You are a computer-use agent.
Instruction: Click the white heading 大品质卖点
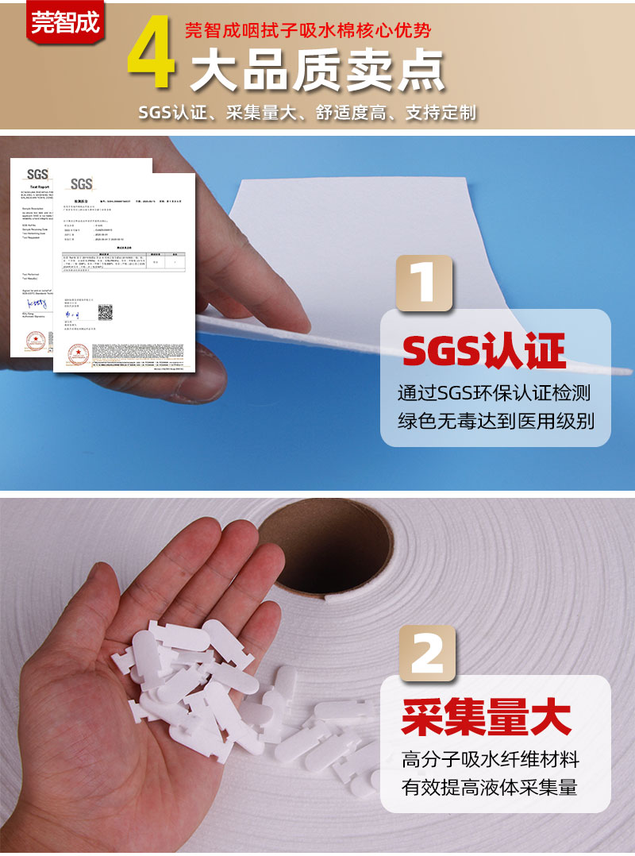coord(317,71)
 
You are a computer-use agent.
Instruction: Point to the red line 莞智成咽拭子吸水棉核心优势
coord(308,31)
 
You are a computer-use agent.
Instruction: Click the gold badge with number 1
coord(425,283)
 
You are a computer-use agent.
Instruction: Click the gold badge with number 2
coord(427,653)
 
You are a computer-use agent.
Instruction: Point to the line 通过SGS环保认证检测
coord(495,393)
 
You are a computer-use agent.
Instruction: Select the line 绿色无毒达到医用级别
coord(495,420)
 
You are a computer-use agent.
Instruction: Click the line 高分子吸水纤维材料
coord(491,760)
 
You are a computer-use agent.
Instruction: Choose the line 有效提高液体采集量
coord(490,787)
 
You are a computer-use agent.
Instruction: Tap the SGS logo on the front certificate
coord(82,184)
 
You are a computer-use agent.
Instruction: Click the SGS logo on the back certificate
coord(37,174)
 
